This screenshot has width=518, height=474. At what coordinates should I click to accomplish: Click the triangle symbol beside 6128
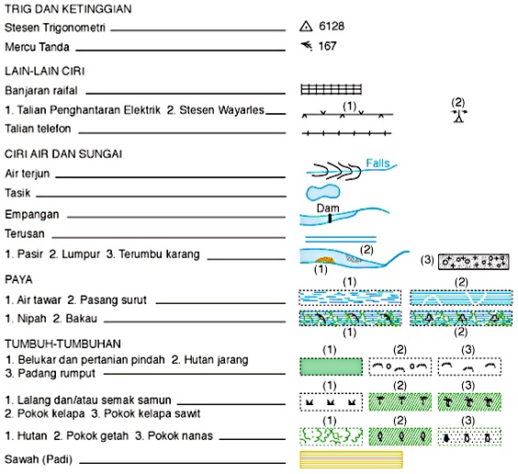306,27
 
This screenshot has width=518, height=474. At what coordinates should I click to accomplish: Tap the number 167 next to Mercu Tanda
327,46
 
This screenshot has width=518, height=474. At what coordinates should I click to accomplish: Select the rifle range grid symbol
331,89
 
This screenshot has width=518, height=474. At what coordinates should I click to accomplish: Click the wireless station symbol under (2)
459,116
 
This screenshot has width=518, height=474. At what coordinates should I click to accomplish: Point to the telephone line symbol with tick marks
346,133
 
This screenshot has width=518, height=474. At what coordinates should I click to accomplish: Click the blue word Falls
377,163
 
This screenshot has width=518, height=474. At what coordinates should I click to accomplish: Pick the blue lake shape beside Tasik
322,193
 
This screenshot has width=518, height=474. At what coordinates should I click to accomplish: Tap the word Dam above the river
328,209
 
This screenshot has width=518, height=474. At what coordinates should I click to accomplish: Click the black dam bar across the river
330,219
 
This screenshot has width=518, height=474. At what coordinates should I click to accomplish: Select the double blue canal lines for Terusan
341,239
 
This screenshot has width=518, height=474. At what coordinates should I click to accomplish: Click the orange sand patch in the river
325,261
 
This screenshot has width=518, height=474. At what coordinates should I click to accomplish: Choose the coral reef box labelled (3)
473,262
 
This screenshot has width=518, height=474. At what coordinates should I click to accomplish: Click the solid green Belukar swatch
331,367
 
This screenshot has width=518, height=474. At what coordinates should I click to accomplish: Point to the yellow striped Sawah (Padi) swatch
351,459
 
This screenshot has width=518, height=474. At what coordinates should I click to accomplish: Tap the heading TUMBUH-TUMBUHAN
62,344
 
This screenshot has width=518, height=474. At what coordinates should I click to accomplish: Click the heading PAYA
18,280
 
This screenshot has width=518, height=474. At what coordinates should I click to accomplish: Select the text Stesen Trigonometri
55,28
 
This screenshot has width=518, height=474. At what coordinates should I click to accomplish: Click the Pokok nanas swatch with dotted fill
469,436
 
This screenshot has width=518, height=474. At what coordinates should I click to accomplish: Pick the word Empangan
32,215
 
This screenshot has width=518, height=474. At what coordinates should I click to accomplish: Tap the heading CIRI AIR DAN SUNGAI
63,154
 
